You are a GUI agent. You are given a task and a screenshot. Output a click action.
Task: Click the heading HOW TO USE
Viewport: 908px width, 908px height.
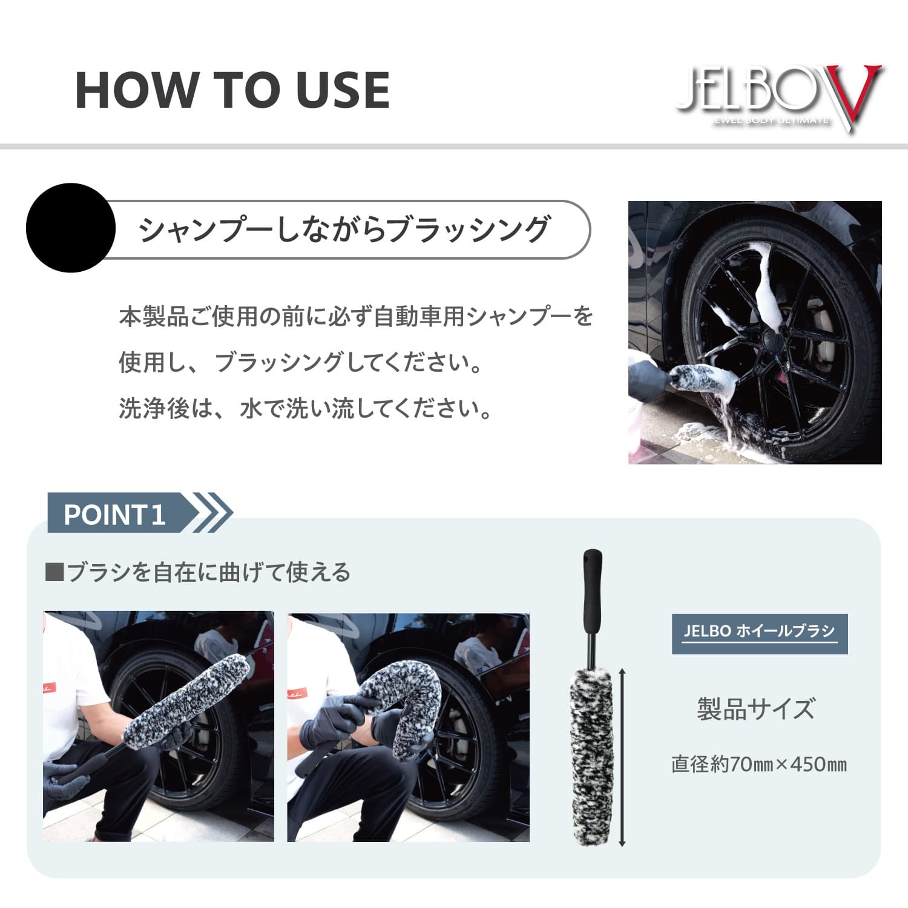232,90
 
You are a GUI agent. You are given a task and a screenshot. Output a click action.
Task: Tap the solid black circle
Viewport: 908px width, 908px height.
71,228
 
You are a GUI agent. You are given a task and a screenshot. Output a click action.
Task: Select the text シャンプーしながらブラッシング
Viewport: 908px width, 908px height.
344,229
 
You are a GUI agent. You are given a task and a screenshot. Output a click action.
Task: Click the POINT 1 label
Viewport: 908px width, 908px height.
114,515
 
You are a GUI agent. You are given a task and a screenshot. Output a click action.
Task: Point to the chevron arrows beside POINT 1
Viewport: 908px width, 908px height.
214,513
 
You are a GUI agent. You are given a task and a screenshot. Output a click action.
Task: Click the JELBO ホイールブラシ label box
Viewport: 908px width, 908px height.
759,633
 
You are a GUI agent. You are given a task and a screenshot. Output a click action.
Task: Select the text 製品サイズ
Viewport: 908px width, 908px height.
756,709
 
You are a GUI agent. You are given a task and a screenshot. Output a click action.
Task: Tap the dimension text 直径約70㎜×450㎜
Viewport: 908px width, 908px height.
758,765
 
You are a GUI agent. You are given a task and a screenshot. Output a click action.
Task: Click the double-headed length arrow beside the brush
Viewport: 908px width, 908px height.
622,757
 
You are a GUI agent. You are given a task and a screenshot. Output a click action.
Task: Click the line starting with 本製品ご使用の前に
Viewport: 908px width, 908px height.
356,317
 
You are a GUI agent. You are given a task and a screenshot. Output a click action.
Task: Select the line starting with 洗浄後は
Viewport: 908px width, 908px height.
306,409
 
